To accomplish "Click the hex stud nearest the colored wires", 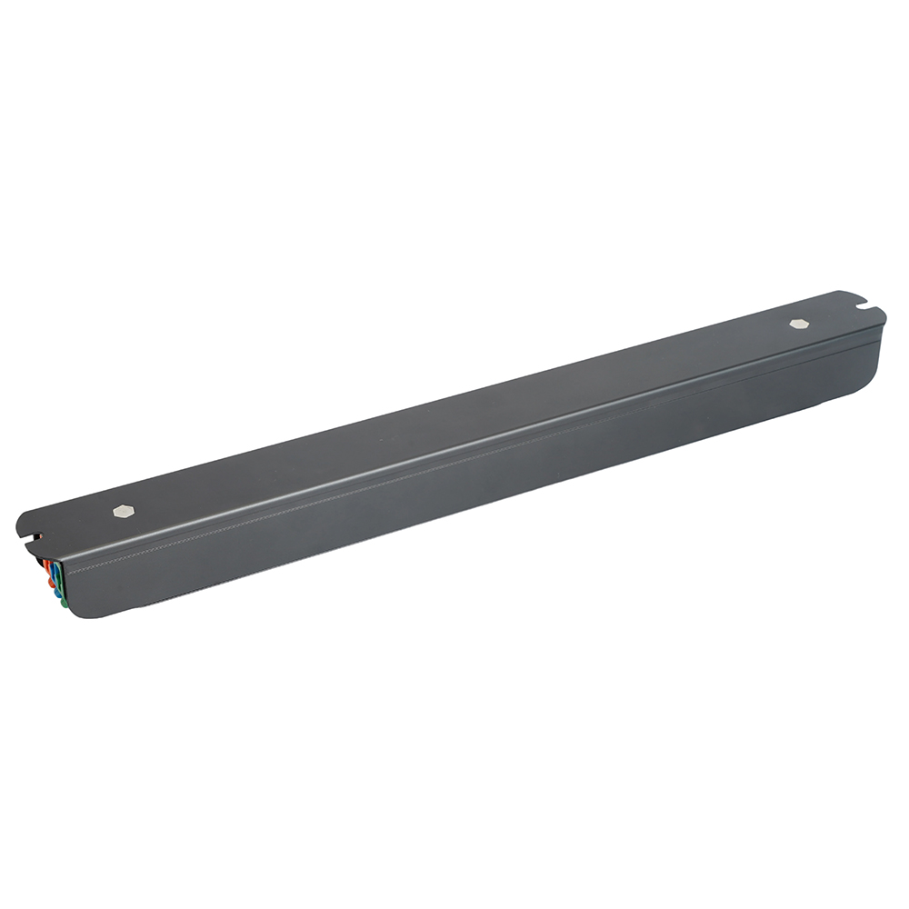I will pyautogui.click(x=125, y=512).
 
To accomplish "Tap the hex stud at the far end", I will pyautogui.click(x=799, y=323).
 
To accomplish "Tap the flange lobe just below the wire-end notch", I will pyautogui.click(x=31, y=549).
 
